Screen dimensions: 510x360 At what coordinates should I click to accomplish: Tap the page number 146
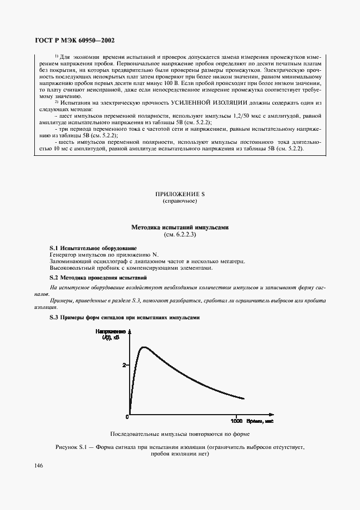(39, 465)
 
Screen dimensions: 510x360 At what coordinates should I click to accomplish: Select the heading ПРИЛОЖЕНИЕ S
(179, 194)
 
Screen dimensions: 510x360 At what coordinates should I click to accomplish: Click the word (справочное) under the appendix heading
(179, 201)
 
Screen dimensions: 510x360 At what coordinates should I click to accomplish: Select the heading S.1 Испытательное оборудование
(93, 248)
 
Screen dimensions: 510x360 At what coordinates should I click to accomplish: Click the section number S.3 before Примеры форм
(54, 317)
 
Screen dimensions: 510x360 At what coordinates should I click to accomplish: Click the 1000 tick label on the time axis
(236, 421)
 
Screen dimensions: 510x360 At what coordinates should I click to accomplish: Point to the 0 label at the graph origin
(127, 417)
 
